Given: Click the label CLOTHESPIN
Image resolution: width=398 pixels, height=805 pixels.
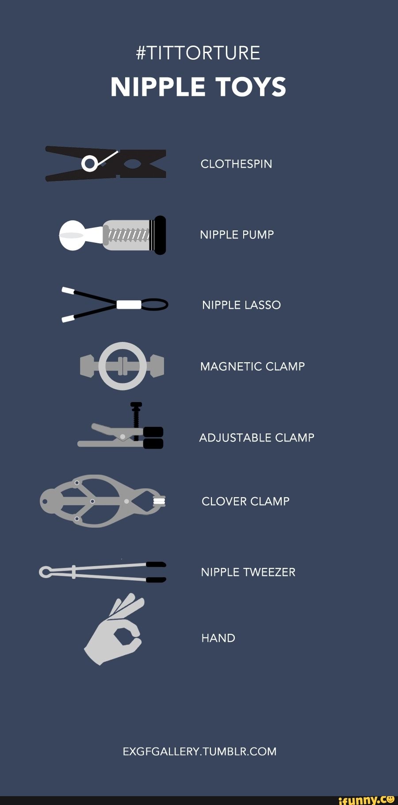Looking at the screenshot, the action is pyautogui.click(x=236, y=164).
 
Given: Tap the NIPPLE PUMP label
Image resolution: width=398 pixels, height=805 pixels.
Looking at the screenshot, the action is pyautogui.click(x=237, y=234).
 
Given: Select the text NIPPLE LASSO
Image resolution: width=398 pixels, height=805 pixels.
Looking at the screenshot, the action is pyautogui.click(x=241, y=305).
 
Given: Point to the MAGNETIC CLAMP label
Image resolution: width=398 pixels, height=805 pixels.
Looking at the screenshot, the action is pyautogui.click(x=253, y=366).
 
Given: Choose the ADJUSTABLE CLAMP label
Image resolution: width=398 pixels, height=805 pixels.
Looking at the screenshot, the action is pyautogui.click(x=256, y=437).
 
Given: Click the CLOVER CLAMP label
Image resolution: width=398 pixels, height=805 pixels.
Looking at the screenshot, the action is pyautogui.click(x=245, y=501).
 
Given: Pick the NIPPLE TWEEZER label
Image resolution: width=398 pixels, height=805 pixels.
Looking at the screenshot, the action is pyautogui.click(x=248, y=572).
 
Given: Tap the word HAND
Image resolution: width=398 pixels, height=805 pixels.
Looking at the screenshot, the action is pyautogui.click(x=218, y=638).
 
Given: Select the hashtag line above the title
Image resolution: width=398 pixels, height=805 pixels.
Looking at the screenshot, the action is pyautogui.click(x=199, y=53).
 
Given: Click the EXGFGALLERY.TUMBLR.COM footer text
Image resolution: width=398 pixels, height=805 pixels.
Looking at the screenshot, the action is pyautogui.click(x=199, y=751).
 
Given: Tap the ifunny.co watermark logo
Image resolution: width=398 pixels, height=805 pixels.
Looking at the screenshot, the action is pyautogui.click(x=366, y=799).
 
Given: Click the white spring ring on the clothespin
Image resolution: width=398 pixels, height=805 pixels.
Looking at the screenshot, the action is pyautogui.click(x=90, y=164).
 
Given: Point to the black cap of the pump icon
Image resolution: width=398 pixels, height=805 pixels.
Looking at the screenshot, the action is pyautogui.click(x=160, y=235).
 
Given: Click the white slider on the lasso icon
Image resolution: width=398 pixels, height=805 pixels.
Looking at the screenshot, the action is pyautogui.click(x=129, y=304).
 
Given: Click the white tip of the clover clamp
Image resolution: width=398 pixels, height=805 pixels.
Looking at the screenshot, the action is pyautogui.click(x=159, y=501).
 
